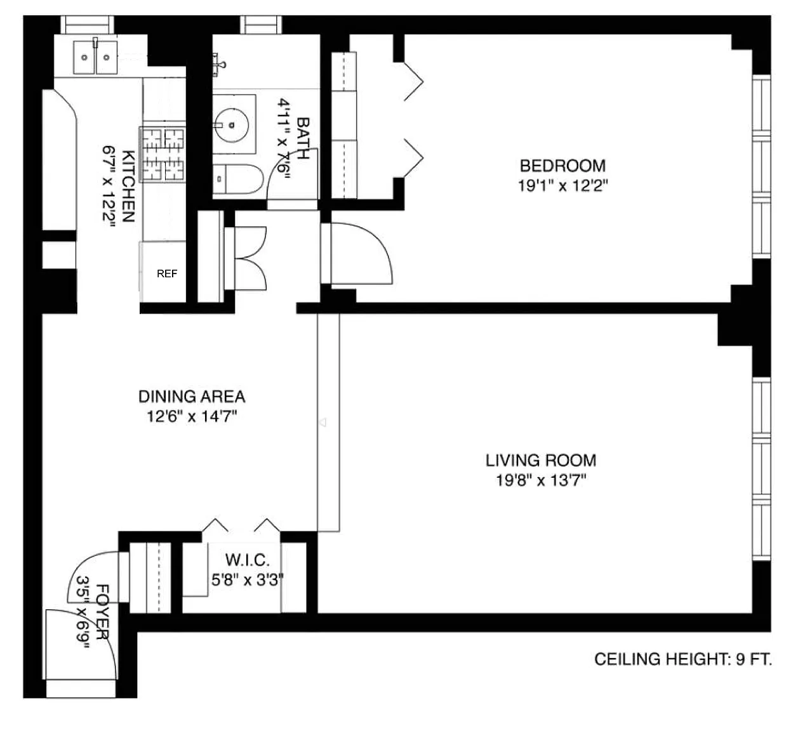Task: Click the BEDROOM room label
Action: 562,166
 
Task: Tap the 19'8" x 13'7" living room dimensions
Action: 541,480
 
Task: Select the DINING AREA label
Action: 192,397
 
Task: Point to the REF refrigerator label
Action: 167,273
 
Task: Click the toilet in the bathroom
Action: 238,179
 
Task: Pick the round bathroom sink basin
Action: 232,125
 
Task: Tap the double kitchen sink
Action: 95,57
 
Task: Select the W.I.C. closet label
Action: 248,560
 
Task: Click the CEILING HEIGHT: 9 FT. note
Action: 683,659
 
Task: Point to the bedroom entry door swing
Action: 362,253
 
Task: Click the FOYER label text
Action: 103,612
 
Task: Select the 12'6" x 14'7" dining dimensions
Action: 192,416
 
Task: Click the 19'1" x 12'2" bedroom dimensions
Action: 563,185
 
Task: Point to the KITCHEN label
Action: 128,186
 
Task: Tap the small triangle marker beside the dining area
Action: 323,422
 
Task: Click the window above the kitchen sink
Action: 87,25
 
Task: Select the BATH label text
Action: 303,138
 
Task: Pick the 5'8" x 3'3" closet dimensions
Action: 248,580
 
